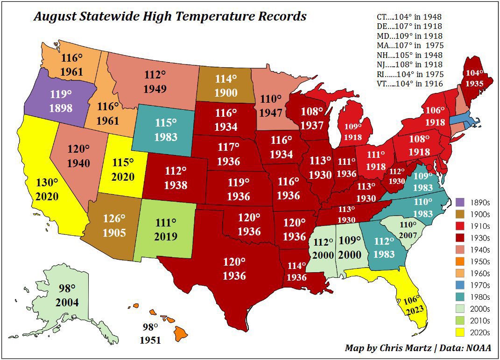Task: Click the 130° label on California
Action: (x=48, y=183)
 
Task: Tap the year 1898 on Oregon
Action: (x=61, y=108)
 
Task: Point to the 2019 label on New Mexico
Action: (x=166, y=236)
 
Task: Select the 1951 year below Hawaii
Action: (x=150, y=340)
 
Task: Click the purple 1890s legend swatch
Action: (x=460, y=202)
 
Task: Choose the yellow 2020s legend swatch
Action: (x=460, y=333)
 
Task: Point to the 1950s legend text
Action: (x=479, y=261)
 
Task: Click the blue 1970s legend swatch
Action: (x=460, y=285)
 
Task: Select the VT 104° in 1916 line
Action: (x=409, y=84)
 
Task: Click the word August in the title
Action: (x=55, y=17)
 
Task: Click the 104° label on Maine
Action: (x=475, y=73)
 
